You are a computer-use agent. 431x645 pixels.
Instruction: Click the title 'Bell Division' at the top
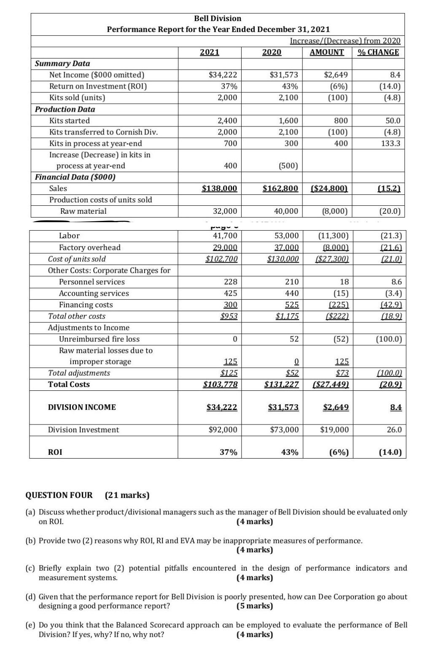[x=218, y=19]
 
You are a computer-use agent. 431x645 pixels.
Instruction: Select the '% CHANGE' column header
[x=378, y=52]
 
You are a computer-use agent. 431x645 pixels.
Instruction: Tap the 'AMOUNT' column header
[x=326, y=52]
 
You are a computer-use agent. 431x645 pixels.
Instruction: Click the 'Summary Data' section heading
[x=62, y=64]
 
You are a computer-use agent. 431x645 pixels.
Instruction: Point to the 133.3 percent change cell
[x=391, y=143]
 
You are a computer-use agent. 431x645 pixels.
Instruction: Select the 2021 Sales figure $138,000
[x=219, y=188]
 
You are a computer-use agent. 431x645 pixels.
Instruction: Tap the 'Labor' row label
[x=69, y=236]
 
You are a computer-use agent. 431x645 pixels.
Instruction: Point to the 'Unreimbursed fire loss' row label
[x=99, y=339]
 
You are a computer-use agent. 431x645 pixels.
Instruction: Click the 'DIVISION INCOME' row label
[x=82, y=407]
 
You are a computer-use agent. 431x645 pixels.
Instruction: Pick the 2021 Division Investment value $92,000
[x=223, y=430]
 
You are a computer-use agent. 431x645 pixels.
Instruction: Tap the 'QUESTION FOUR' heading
[x=59, y=495]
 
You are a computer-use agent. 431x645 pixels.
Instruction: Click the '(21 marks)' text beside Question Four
[x=127, y=495]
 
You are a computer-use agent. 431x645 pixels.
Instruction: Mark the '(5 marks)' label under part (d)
[x=255, y=606]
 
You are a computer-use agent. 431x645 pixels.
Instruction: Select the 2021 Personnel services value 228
[x=231, y=282]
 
